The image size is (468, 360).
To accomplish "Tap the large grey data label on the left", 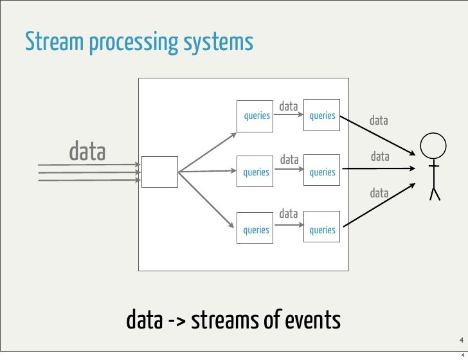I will [87, 152].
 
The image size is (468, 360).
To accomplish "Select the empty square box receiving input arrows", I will [159, 172].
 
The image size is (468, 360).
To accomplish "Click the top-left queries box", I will [256, 116].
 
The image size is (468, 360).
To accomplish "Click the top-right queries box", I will [322, 116].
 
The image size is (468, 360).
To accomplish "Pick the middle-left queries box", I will [256, 172].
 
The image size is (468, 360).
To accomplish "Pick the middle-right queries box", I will [322, 172].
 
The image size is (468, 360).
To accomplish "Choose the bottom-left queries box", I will [256, 230].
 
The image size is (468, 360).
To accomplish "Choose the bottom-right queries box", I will [322, 230].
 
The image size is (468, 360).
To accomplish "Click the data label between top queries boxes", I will [289, 106].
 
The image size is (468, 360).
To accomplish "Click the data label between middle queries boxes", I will [289, 159].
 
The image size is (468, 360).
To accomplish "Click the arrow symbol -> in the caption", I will [175, 319].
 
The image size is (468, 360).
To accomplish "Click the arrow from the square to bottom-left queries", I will [206, 199].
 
